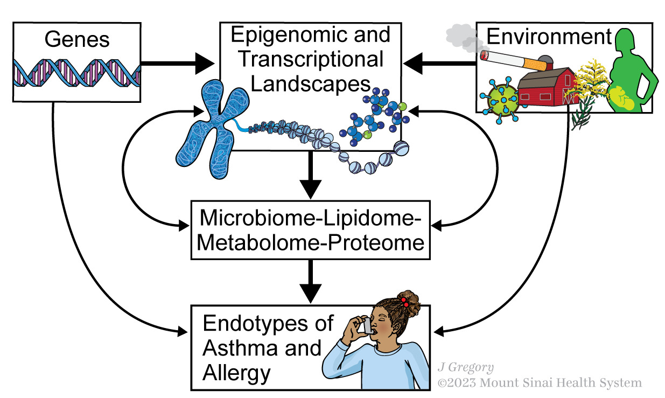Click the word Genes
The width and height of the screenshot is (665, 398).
(x=77, y=39)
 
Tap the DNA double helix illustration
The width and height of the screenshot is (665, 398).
(x=77, y=73)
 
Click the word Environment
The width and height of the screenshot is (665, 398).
(x=549, y=37)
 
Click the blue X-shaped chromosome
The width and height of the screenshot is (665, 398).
(x=213, y=127)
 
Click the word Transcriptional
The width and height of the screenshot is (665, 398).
(x=311, y=59)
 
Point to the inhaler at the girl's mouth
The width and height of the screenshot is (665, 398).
(x=367, y=325)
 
